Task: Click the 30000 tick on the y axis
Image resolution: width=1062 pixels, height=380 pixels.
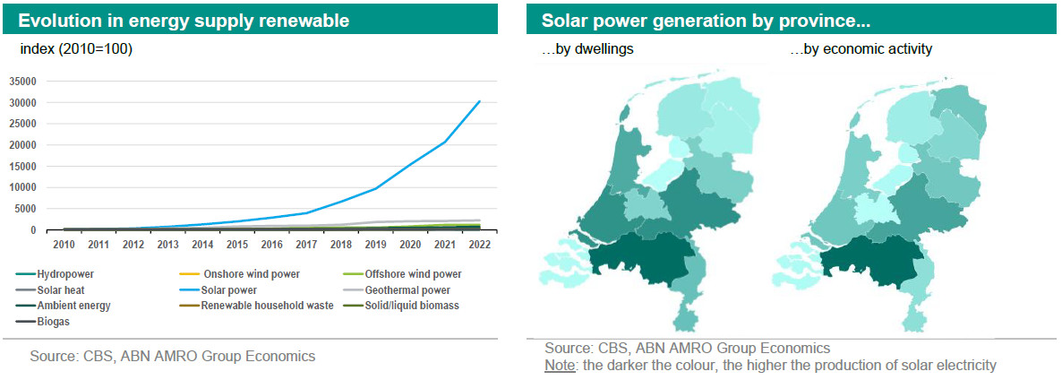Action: (21, 102)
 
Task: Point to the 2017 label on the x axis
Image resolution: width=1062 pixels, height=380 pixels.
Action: (306, 244)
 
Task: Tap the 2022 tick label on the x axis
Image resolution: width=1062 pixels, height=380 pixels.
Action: (479, 244)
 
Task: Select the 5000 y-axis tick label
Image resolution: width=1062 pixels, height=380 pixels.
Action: (24, 209)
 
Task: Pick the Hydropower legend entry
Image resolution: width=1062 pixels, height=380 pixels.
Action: (65, 274)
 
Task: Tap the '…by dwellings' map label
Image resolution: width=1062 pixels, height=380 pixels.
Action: (587, 49)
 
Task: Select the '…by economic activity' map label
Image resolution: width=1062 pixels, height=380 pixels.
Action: (861, 49)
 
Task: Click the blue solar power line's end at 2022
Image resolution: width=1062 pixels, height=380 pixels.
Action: (480, 101)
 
